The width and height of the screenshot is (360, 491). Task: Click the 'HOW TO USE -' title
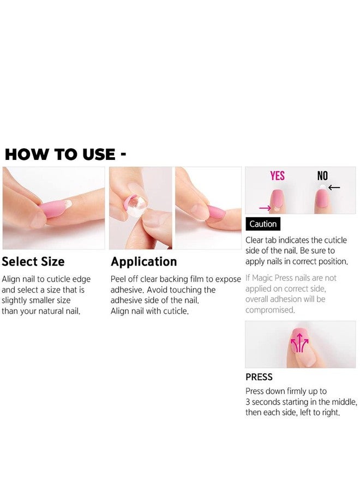click(x=65, y=154)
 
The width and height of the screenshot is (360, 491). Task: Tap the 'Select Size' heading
click(x=33, y=261)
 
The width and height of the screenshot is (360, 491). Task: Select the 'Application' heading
click(x=143, y=262)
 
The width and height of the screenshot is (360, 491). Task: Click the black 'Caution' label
click(x=263, y=224)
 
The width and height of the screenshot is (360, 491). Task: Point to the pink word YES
click(x=277, y=176)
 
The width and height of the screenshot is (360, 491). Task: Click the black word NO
click(x=322, y=176)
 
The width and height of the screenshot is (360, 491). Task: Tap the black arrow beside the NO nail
click(x=334, y=188)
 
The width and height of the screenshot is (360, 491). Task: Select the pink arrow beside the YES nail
click(x=265, y=208)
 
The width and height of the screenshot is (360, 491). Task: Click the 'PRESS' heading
click(x=259, y=376)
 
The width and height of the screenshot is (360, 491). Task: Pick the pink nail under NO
click(x=322, y=198)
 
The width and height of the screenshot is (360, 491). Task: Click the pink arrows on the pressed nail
click(x=300, y=343)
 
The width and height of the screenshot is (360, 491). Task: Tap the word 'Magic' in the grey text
click(x=262, y=278)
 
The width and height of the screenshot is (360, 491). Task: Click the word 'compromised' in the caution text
click(x=270, y=310)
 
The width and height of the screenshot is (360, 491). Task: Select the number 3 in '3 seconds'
click(x=248, y=402)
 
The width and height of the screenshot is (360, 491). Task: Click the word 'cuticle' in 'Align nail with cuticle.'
click(x=175, y=312)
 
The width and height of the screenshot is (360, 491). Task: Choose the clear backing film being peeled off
click(x=137, y=207)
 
